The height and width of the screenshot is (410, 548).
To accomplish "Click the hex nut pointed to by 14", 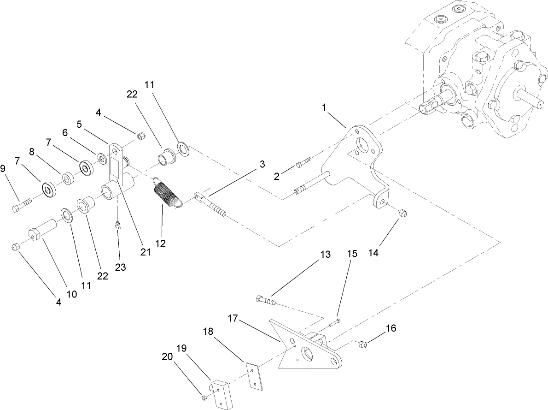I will coord(402,214).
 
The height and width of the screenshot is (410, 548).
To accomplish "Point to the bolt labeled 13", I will coord(265,301).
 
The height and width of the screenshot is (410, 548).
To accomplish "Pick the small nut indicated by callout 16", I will coord(362,344).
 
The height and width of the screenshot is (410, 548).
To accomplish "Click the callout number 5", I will coord(79,124).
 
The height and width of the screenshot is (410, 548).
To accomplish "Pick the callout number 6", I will coord(65,131).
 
